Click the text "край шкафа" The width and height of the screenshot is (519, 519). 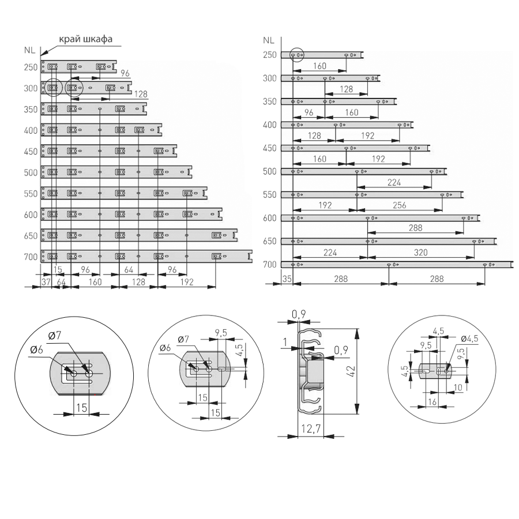[85, 40]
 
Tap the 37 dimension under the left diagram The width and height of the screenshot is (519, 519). [47, 281]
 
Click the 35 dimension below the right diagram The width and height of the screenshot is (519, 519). [287, 279]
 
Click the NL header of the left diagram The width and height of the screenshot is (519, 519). [30, 50]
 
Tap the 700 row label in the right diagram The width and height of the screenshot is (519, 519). [269, 265]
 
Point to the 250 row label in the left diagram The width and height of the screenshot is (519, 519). [31, 67]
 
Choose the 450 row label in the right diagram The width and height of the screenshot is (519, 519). [269, 148]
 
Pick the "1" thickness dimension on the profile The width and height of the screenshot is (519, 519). [285, 343]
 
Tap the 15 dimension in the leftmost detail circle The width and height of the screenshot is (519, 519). [81, 407]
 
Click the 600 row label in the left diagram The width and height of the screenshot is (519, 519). [31, 215]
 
